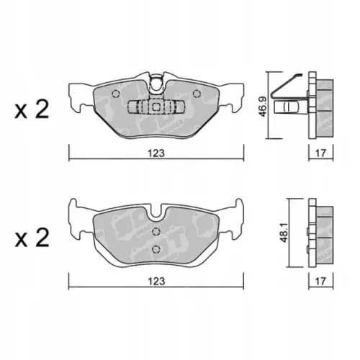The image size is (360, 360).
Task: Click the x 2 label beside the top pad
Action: (x=32, y=109)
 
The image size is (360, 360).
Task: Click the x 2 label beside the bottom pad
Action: (x=32, y=239)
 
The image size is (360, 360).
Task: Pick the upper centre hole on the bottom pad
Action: (x=157, y=231)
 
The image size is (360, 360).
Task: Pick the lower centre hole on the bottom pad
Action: (x=157, y=248)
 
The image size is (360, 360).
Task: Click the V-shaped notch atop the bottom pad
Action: (x=156, y=212)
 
